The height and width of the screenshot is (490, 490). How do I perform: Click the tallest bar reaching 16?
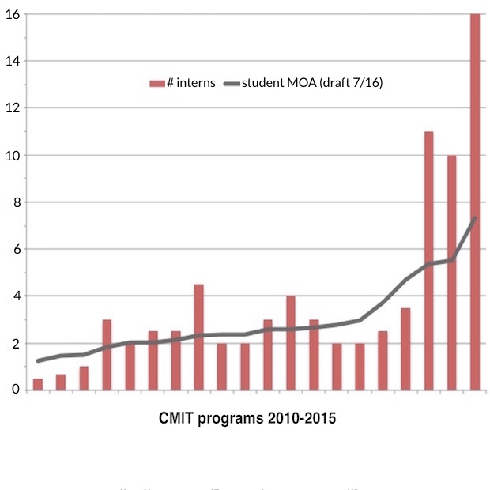pyautogui.click(x=475, y=202)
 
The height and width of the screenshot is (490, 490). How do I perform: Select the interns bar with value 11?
pyautogui.click(x=429, y=261)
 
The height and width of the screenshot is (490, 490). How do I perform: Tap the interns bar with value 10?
pyautogui.click(x=452, y=273)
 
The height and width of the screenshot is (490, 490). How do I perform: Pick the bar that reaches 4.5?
pyautogui.click(x=198, y=337)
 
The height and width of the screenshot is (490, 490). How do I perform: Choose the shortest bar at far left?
pyautogui.click(x=38, y=384)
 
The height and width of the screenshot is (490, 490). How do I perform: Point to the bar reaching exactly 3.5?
pyautogui.click(x=405, y=349)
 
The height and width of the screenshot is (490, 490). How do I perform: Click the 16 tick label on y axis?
pyautogui.click(x=12, y=14)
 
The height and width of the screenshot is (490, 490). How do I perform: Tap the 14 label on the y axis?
pyautogui.click(x=12, y=61)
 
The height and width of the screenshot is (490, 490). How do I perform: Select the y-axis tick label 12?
pyautogui.click(x=12, y=108)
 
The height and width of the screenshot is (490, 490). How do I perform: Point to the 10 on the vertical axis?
pyautogui.click(x=12, y=155)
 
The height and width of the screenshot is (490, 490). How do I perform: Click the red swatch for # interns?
pyautogui.click(x=156, y=83)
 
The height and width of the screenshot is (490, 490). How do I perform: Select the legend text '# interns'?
pyautogui.click(x=190, y=83)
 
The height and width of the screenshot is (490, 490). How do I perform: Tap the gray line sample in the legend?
pyautogui.click(x=230, y=83)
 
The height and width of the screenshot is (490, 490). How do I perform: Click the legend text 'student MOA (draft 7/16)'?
pyautogui.click(x=311, y=83)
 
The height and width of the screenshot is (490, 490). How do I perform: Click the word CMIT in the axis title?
pyautogui.click(x=177, y=418)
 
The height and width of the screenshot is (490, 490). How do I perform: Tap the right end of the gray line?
pyautogui.click(x=475, y=217)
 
